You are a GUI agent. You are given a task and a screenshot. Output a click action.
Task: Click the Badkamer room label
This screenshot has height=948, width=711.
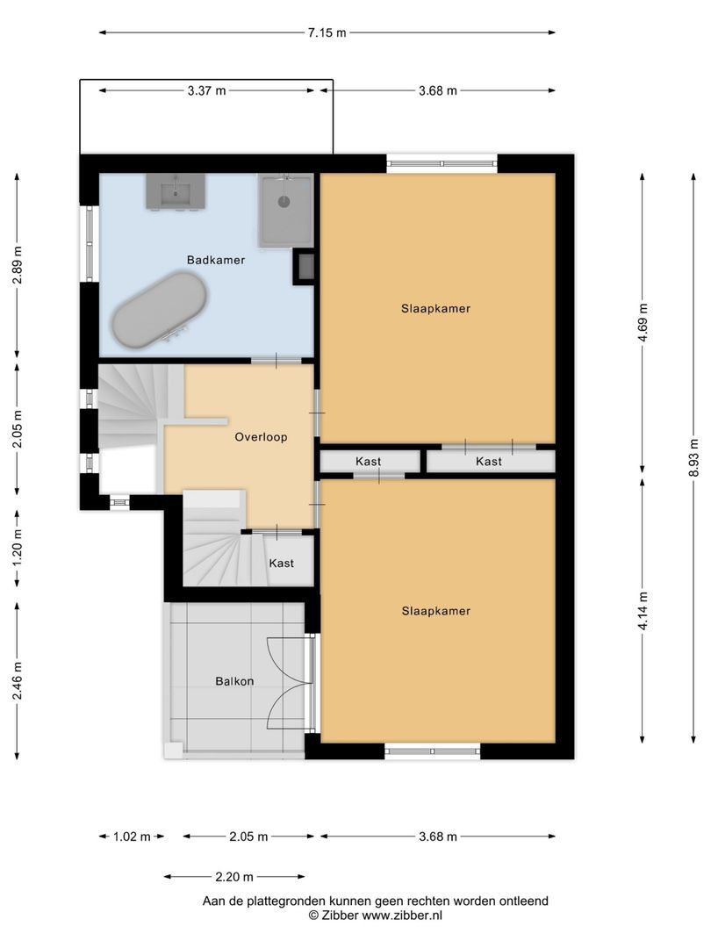click(x=216, y=260)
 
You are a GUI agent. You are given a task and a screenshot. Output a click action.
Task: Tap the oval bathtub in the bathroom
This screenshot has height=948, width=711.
click(x=160, y=310)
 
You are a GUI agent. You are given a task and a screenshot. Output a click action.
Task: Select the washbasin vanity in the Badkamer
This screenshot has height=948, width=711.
click(x=176, y=191)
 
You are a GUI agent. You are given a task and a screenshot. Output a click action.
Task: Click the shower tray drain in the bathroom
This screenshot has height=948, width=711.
click(x=284, y=201)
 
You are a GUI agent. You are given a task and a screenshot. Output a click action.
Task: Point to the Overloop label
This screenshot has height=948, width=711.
click(x=262, y=437)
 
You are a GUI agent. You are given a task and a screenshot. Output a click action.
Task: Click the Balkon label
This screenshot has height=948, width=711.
click(x=234, y=681)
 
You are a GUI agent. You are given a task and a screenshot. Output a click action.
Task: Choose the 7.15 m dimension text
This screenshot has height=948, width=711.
click(x=327, y=32)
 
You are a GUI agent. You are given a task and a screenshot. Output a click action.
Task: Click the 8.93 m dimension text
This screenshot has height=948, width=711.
click(x=693, y=457)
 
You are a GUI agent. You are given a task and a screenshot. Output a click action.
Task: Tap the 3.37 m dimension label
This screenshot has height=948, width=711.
click(x=207, y=90)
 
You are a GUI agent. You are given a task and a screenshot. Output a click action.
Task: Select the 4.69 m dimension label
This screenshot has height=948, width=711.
click(x=643, y=323)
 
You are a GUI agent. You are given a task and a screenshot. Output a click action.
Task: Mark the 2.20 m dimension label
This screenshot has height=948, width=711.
click(x=234, y=877)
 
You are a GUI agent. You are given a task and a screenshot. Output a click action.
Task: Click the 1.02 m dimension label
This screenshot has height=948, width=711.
click(x=132, y=837)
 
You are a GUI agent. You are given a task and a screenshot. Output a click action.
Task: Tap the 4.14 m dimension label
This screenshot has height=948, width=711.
click(x=643, y=611)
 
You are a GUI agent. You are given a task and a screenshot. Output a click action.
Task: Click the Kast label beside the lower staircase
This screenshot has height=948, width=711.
click(x=281, y=564)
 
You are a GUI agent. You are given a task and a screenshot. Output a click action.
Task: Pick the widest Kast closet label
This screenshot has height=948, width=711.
click(x=489, y=462)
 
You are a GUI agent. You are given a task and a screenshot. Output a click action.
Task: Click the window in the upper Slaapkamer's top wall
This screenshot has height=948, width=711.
click(x=442, y=163)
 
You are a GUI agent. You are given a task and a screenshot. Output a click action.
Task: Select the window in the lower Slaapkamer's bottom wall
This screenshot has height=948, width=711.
click(x=432, y=750)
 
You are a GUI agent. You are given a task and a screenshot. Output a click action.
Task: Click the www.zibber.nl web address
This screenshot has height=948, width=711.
click(x=402, y=916)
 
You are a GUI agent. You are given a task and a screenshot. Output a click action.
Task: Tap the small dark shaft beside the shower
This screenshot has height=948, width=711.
click(x=304, y=267)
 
